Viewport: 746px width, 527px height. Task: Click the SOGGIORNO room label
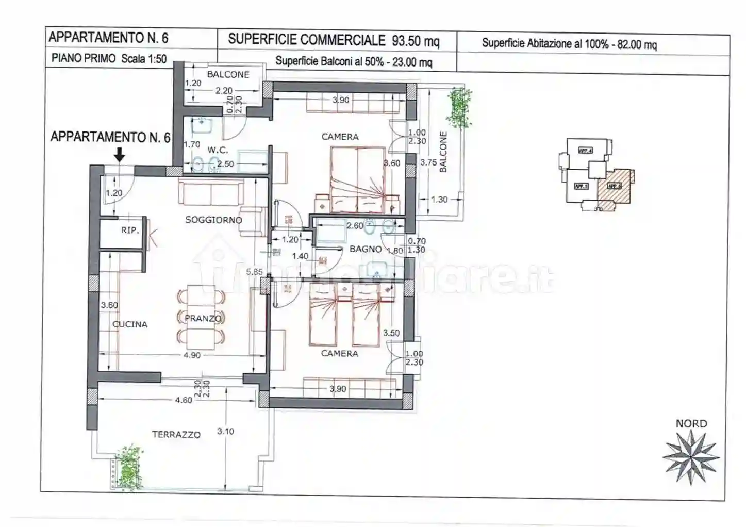click(213, 220)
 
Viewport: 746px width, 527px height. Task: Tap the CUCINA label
click(130, 324)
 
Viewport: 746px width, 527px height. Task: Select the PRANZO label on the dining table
click(203, 318)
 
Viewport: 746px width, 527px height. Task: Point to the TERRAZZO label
click(176, 435)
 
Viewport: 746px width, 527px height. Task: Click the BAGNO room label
click(366, 249)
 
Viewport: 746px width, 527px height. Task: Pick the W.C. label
click(218, 150)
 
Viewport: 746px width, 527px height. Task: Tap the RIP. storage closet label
click(130, 230)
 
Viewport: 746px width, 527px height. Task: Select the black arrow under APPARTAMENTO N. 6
click(119, 154)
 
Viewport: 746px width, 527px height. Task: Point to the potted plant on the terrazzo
click(128, 463)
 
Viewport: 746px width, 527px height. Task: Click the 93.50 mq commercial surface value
click(416, 41)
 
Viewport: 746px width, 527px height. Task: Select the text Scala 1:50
click(144, 59)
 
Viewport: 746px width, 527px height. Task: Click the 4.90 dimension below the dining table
click(192, 355)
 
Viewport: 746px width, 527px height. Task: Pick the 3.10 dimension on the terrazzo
click(225, 431)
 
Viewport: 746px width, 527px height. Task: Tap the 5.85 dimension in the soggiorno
click(254, 272)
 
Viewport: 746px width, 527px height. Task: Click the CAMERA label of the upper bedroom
click(340, 137)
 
